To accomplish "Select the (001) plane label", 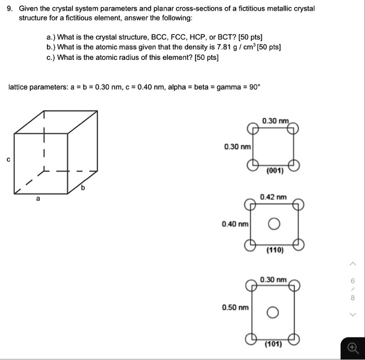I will [274, 171].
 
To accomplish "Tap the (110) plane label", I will [274, 251].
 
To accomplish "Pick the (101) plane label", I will [273, 344].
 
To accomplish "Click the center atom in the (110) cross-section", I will [274, 225].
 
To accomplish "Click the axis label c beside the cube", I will [8, 159].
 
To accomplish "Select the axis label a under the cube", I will [38, 198].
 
